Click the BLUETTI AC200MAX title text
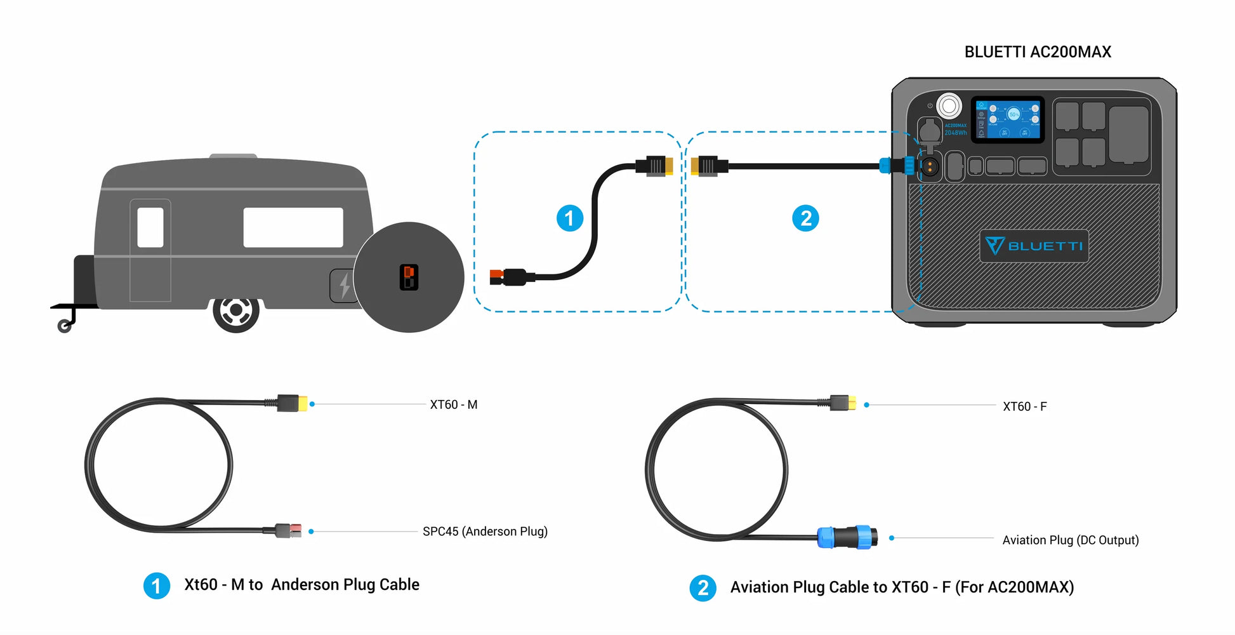click(1038, 52)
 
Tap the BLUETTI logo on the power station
click(1034, 246)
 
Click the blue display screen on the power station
click(1008, 119)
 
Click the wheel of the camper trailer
click(235, 311)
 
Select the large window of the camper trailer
click(293, 227)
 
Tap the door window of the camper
click(150, 227)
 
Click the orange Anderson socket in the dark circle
click(409, 277)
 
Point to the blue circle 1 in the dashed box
click(569, 218)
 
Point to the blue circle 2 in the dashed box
click(805, 218)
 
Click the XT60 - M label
click(453, 404)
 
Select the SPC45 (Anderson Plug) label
click(485, 531)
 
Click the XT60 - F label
click(1024, 406)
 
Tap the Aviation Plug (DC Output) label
click(1070, 540)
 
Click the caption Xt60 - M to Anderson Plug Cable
click(301, 585)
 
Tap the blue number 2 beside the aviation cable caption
click(703, 588)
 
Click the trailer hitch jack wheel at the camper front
click(64, 326)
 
